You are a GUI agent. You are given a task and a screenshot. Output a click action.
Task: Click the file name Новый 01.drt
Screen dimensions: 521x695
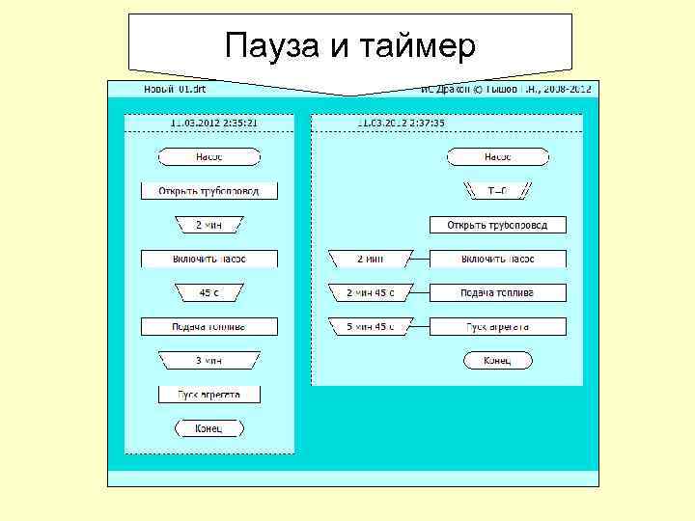click(x=175, y=89)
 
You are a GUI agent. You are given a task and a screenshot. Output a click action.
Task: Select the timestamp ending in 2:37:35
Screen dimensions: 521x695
click(x=401, y=123)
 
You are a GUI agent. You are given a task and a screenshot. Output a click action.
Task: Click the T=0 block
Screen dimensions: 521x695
click(x=497, y=191)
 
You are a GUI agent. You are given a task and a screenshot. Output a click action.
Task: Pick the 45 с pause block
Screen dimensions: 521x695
click(x=209, y=292)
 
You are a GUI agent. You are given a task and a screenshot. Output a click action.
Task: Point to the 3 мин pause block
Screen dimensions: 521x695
click(x=209, y=360)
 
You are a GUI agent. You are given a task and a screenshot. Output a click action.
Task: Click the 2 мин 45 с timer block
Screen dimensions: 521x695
click(x=370, y=292)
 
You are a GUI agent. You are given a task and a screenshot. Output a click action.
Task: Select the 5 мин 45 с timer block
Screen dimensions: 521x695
click(x=370, y=326)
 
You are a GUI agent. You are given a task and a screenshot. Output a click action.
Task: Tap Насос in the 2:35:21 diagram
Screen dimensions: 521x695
click(x=209, y=157)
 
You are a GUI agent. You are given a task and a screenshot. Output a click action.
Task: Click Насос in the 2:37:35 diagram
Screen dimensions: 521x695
click(x=497, y=157)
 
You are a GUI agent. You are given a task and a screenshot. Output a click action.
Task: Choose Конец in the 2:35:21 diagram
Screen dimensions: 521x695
click(x=209, y=427)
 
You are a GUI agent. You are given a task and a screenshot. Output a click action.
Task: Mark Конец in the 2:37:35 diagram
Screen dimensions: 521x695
click(x=497, y=360)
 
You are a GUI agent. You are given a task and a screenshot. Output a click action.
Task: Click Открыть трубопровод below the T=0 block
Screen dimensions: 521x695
click(x=497, y=225)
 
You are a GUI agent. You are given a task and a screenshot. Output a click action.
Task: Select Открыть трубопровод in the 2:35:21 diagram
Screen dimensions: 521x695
click(x=209, y=191)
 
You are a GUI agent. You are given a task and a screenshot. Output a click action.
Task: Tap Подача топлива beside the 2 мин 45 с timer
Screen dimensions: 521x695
click(x=497, y=292)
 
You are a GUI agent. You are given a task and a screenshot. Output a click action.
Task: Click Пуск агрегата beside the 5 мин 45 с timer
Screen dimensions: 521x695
click(x=497, y=326)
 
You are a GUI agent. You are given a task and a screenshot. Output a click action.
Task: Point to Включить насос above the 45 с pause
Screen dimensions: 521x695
click(x=209, y=259)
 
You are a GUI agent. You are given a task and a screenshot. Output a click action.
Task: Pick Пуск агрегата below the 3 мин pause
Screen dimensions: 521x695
click(x=209, y=394)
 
